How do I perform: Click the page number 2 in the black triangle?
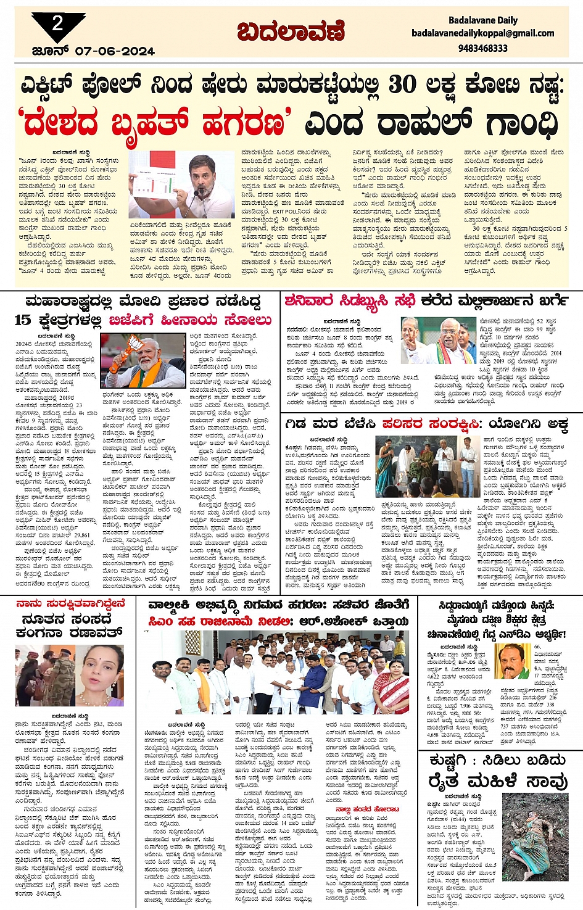point(57,24)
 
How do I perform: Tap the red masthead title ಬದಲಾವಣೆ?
point(291,31)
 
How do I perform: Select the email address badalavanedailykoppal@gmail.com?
point(482,33)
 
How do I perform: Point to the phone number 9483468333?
point(482,48)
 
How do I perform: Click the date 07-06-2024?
point(115,52)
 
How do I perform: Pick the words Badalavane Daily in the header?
point(482,20)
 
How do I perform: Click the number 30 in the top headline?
point(402,85)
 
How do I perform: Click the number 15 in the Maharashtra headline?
point(22,320)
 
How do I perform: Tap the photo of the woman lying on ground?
point(534,830)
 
